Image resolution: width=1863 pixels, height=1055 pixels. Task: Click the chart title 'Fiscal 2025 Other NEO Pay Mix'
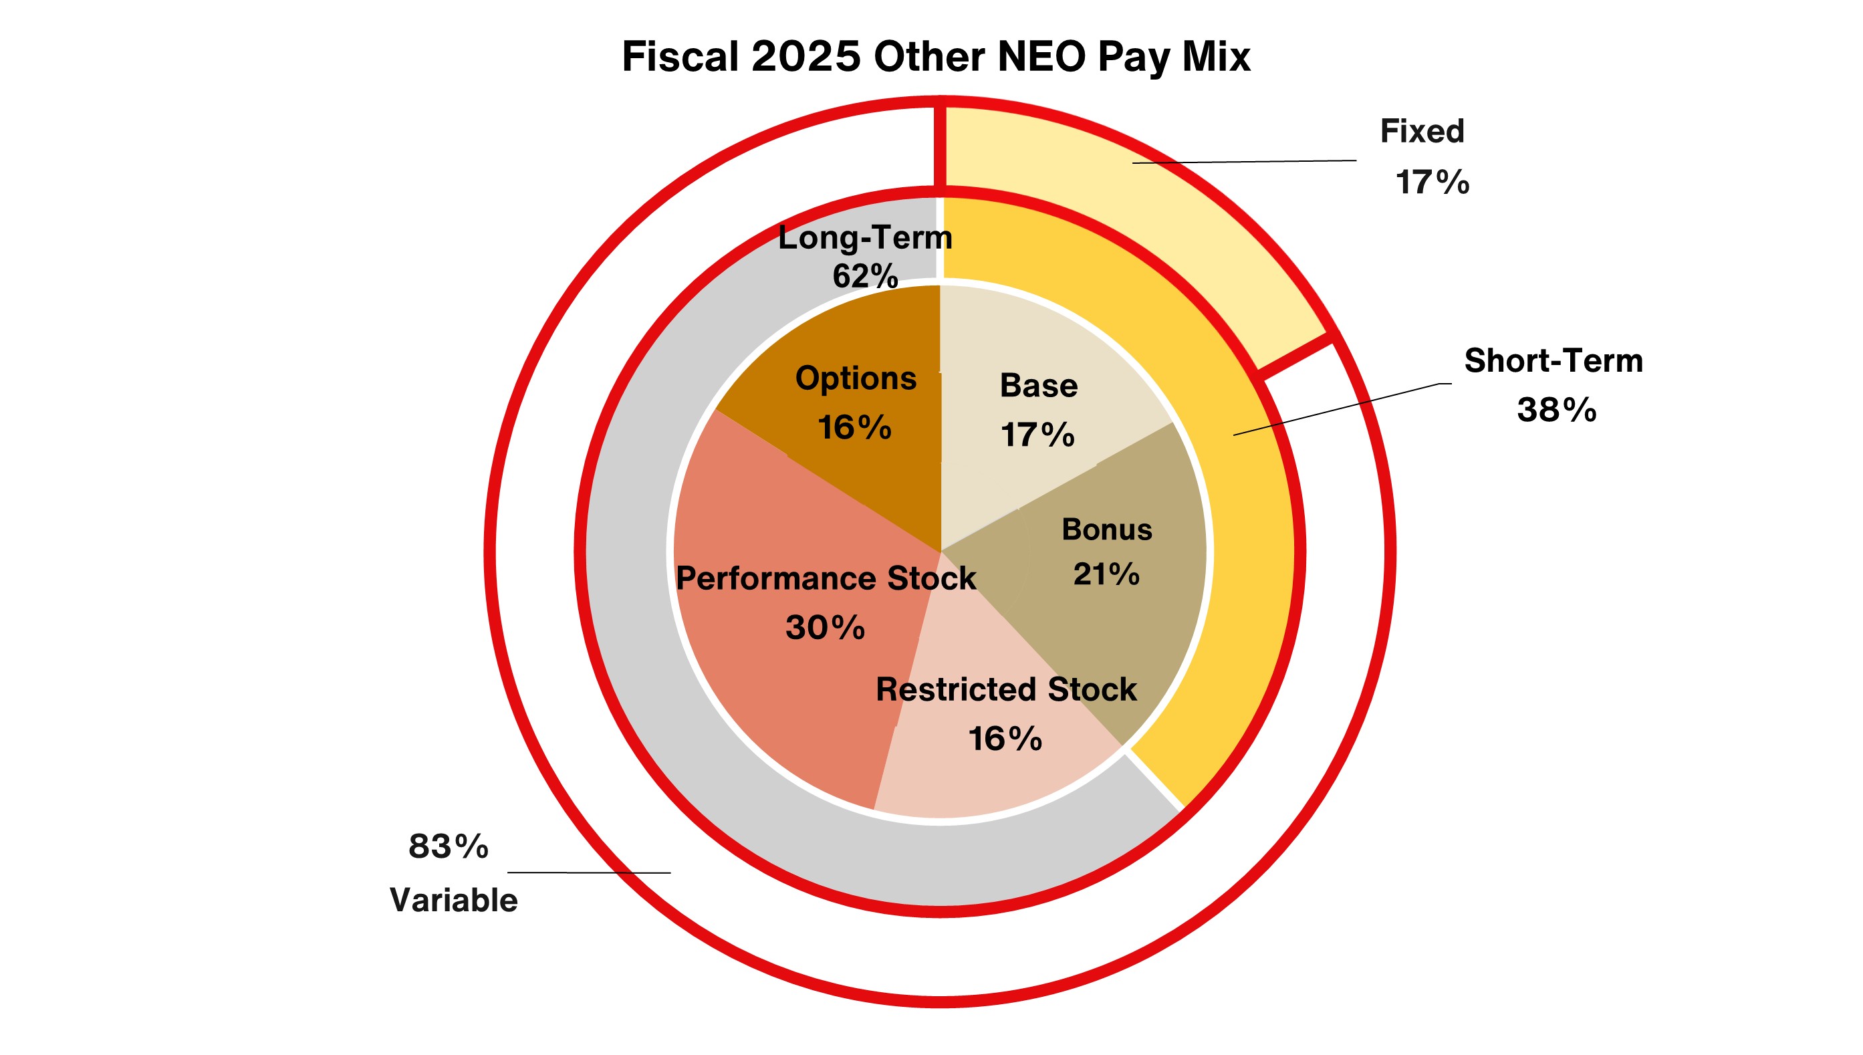(936, 57)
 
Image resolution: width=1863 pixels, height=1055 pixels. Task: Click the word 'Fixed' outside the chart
(1422, 132)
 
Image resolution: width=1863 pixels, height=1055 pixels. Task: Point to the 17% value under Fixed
(1432, 182)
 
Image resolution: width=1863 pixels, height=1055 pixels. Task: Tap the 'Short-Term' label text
(1553, 361)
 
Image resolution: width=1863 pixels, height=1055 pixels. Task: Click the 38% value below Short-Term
(1557, 410)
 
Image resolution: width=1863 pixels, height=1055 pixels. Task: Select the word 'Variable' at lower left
(453, 901)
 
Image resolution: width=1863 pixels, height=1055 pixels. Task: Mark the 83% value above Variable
(449, 846)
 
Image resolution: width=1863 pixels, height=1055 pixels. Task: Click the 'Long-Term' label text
(865, 237)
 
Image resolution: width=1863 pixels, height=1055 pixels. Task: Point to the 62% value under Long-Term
(865, 276)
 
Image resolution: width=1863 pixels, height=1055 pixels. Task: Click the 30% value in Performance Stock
(825, 628)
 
